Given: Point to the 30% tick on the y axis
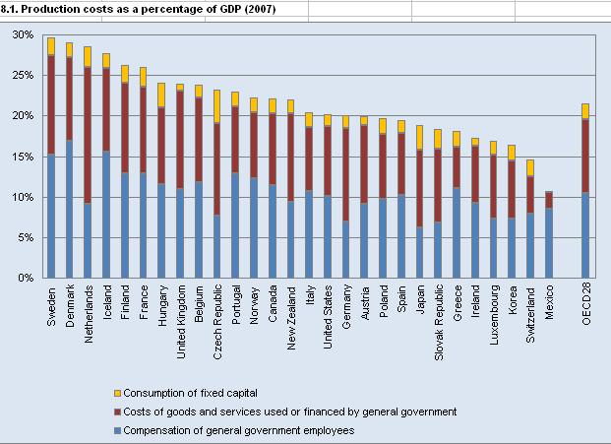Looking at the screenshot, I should (23, 34).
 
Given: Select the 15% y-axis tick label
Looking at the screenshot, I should (23, 157).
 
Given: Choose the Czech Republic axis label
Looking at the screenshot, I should (216, 323).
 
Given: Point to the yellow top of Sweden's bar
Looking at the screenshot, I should (51, 46).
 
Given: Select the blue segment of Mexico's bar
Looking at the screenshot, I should (550, 242).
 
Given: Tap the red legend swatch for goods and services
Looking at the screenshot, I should (119, 412).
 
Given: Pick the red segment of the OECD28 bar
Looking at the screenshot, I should (586, 156).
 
